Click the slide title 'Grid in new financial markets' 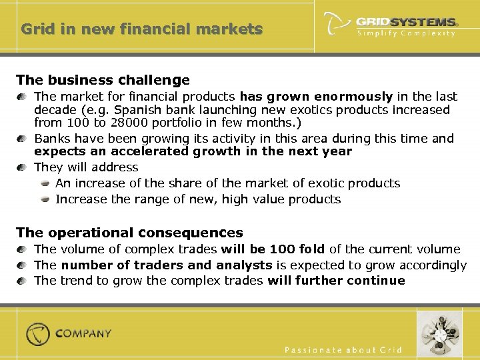(x=141, y=29)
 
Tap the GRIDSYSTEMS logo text (x=406, y=22)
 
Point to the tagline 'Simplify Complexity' (x=406, y=33)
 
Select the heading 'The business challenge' (x=103, y=80)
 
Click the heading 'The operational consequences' (x=129, y=233)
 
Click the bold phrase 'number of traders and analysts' (x=167, y=265)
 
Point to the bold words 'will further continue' (x=336, y=280)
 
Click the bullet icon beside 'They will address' (x=23, y=168)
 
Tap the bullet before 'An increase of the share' (x=45, y=183)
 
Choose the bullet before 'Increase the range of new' (x=45, y=199)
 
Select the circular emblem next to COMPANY (x=38, y=334)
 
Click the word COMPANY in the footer (x=83, y=333)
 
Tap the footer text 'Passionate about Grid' (x=343, y=349)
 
